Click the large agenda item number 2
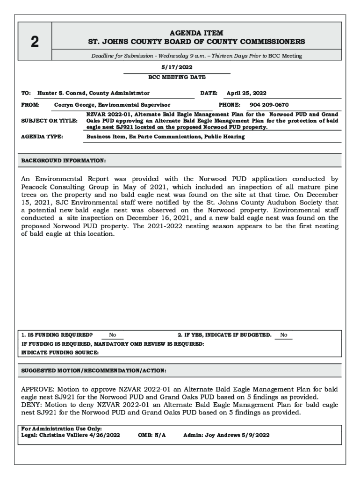(x=35, y=42)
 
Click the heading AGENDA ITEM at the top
(x=196, y=33)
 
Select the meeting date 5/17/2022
(x=177, y=67)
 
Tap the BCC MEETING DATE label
(x=177, y=77)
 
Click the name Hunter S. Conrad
(x=62, y=93)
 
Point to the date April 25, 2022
(x=246, y=93)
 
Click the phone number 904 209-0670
(x=269, y=105)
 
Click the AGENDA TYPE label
(x=42, y=137)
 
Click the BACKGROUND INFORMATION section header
(x=64, y=160)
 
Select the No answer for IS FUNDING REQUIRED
(x=113, y=335)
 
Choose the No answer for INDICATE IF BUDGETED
(x=283, y=335)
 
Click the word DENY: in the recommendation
(x=31, y=405)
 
